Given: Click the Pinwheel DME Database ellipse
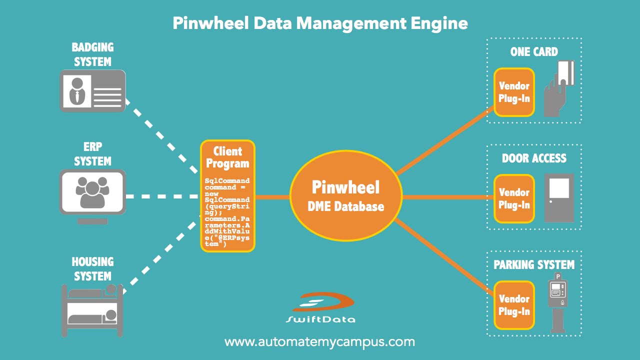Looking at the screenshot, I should [x=346, y=196].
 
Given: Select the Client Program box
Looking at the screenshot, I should [x=227, y=196].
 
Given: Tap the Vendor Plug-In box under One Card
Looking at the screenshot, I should [x=514, y=92].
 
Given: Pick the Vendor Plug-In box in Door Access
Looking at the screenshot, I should [x=514, y=198].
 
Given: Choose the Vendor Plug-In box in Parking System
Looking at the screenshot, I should [x=514, y=305].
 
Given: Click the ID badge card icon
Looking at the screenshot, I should [x=92, y=90].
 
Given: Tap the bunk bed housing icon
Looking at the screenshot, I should [x=92, y=309].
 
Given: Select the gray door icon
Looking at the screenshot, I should [x=559, y=197].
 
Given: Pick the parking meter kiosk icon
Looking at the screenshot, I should [x=557, y=302].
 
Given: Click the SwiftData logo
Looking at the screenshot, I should [x=320, y=307].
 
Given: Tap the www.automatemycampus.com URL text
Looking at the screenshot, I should [x=320, y=342].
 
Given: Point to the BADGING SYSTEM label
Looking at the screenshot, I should [x=92, y=54].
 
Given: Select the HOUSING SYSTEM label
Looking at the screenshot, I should [x=92, y=268].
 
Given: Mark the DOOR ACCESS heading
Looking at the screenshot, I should [x=534, y=158].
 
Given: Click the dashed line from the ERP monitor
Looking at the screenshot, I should [x=162, y=196].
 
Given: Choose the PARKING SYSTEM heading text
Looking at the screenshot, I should [x=534, y=264].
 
